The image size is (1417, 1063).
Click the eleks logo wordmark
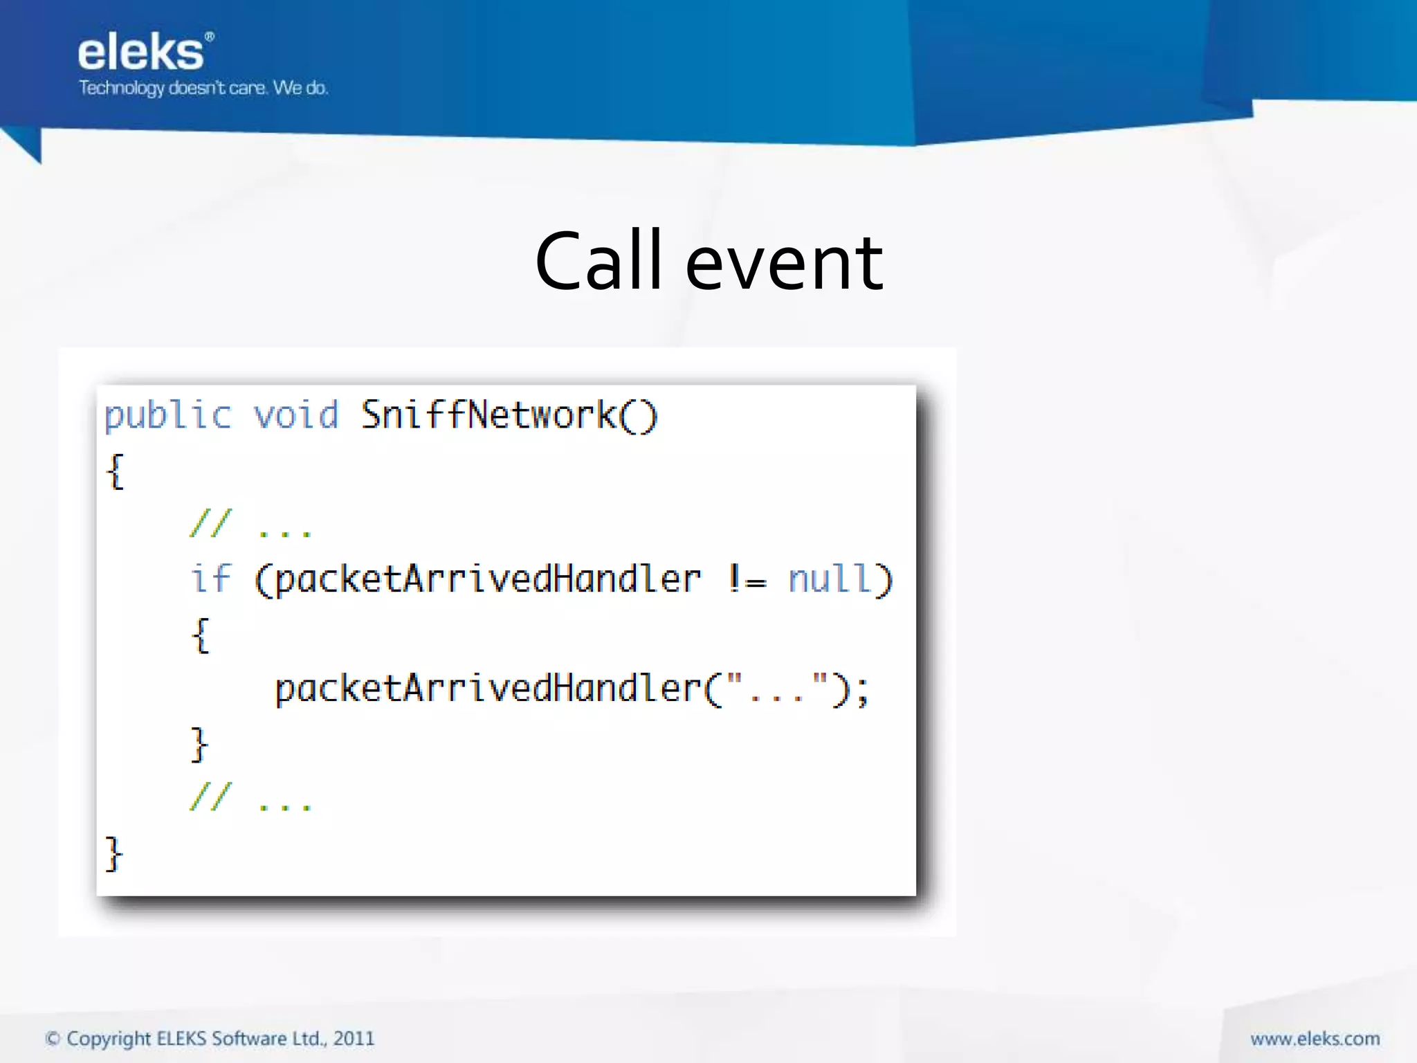pos(140,53)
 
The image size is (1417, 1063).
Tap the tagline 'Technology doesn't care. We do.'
pos(203,88)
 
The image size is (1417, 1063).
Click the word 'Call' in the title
pos(598,262)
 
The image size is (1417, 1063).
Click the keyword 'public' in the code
pos(167,416)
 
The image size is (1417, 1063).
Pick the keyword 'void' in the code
pos(296,416)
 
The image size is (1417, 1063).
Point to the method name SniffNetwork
pos(488,416)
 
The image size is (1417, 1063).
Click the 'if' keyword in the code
pos(210,579)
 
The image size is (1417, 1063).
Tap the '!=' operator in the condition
pos(747,580)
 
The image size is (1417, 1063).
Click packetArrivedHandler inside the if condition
pos(488,580)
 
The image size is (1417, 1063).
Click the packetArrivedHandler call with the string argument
pos(488,689)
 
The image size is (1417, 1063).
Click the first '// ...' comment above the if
pos(250,525)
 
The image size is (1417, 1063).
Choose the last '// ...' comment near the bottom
pos(250,797)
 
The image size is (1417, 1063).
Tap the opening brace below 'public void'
pos(116,472)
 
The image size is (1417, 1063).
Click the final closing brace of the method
pos(113,854)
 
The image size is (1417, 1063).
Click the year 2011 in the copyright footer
pos(354,1039)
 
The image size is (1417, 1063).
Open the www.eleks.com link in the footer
pos(1315,1039)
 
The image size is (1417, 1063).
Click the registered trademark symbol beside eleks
pos(210,37)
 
